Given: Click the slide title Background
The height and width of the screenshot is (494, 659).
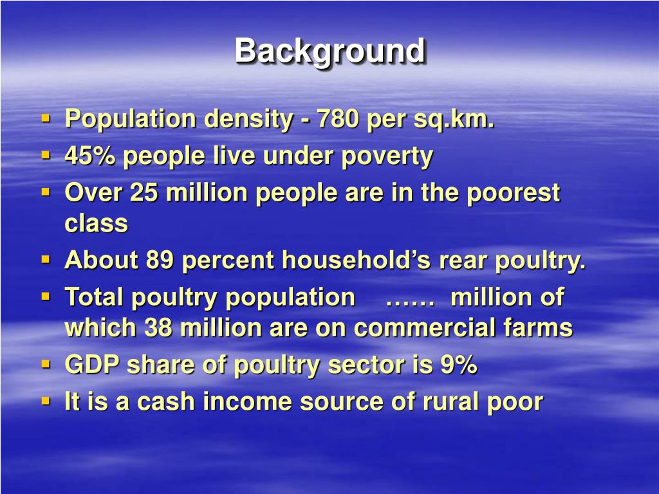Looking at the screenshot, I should coord(329,51).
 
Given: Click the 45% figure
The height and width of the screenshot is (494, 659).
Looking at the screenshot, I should coord(90,156).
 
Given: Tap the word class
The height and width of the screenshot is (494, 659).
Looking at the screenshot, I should coord(97,224).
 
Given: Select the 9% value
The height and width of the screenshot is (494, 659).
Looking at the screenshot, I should coord(459,365).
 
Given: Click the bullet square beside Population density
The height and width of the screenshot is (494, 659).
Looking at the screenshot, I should coord(46,118).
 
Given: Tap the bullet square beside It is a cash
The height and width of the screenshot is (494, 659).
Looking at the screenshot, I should coord(46,401).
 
